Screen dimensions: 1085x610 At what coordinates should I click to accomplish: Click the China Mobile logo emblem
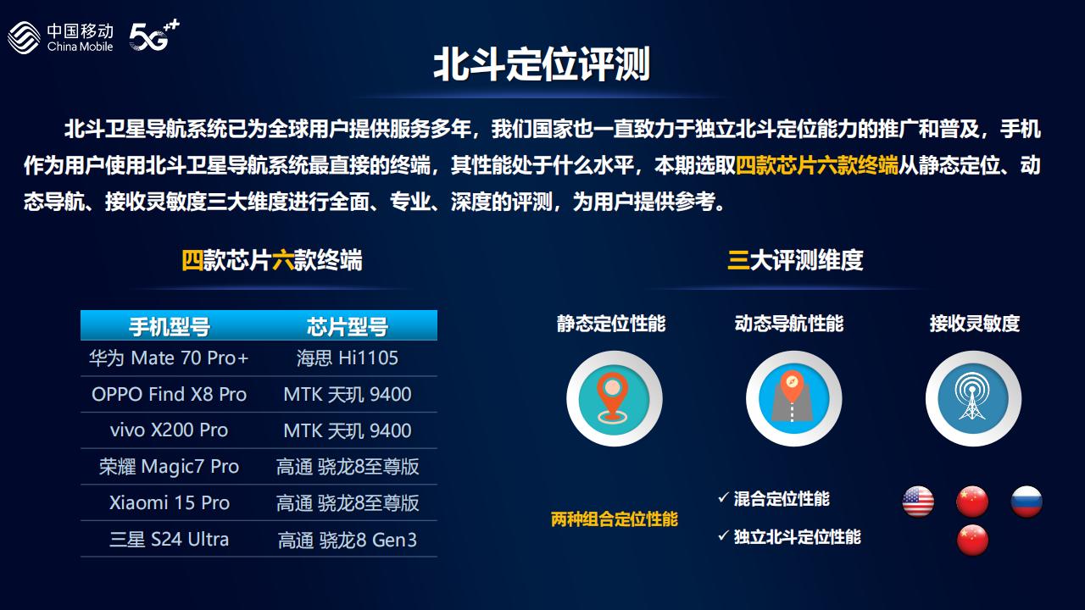tap(24, 37)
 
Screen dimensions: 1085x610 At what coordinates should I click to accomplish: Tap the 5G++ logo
tap(154, 36)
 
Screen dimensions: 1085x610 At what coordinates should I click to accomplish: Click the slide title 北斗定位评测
tap(542, 64)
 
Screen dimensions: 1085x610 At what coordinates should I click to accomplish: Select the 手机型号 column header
tap(169, 326)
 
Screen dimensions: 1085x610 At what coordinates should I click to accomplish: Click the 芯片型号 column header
tap(348, 326)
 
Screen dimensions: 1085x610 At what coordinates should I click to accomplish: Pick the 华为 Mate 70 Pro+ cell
tap(169, 358)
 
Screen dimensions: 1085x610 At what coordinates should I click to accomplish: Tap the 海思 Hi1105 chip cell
tap(348, 358)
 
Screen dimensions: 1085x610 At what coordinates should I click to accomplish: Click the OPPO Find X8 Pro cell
tap(169, 395)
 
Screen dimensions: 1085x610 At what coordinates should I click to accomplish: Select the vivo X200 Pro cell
tap(169, 430)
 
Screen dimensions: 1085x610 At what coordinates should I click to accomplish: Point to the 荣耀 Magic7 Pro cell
tap(169, 467)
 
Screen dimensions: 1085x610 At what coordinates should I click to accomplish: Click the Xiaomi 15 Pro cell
tap(169, 503)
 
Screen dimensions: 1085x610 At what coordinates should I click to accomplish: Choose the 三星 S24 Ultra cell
tap(169, 540)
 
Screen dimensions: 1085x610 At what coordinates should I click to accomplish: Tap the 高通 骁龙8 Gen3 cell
tap(348, 540)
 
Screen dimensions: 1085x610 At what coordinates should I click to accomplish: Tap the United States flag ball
tap(918, 502)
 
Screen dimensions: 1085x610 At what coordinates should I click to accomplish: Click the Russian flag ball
tap(1027, 502)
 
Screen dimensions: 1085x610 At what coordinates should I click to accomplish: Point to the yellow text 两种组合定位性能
tap(615, 519)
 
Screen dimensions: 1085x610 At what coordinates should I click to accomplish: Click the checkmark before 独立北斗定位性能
tap(724, 535)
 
